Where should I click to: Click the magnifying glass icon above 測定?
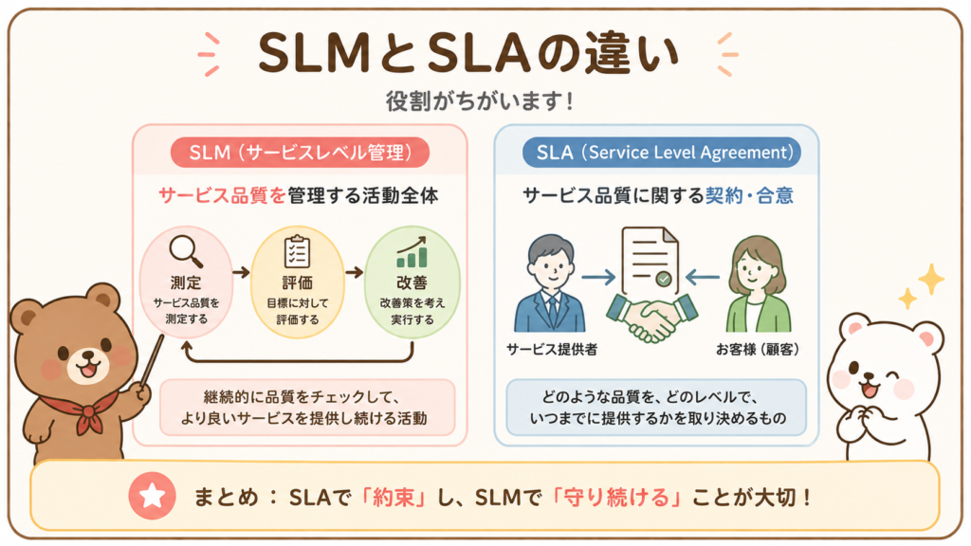[x=186, y=251]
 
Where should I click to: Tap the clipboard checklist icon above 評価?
[x=297, y=252]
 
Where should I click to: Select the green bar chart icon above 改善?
[x=412, y=252]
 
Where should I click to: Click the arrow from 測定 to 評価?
[x=241, y=272]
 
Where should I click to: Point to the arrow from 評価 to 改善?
[x=355, y=272]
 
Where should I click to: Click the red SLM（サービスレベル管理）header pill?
[x=300, y=153]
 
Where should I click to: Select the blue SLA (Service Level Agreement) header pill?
[x=661, y=153]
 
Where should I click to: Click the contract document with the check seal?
[x=650, y=261]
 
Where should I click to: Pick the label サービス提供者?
[x=552, y=350]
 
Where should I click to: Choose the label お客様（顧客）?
[x=758, y=350]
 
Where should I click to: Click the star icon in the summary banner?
[x=153, y=495]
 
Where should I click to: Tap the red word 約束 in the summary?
[x=394, y=497]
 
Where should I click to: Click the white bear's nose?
[x=869, y=375]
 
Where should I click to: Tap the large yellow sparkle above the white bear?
[x=931, y=280]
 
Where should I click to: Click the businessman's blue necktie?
[x=551, y=311]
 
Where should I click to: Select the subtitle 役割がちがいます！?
[x=480, y=100]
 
